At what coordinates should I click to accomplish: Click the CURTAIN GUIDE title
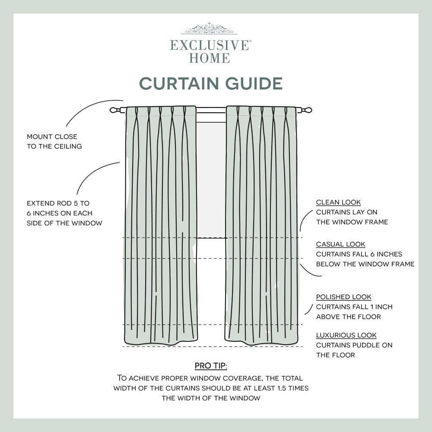click(x=211, y=83)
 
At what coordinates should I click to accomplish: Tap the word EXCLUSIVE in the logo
click(x=210, y=45)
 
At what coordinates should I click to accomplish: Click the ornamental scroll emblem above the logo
click(x=209, y=29)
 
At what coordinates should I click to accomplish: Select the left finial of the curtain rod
click(x=114, y=110)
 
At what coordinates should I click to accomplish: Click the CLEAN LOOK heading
click(x=338, y=202)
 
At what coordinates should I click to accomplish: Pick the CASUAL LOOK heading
click(x=340, y=245)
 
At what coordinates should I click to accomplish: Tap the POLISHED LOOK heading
click(x=343, y=297)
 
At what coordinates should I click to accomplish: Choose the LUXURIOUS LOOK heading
click(x=346, y=335)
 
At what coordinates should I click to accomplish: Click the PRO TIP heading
click(x=211, y=366)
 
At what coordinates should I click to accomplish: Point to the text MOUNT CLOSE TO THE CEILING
click(x=54, y=141)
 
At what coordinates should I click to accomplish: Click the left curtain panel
click(x=161, y=225)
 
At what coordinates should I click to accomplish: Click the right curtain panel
click(x=261, y=225)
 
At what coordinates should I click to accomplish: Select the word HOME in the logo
click(x=209, y=58)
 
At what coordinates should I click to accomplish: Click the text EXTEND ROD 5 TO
click(x=58, y=203)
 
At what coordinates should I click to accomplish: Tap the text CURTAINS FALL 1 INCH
click(x=354, y=307)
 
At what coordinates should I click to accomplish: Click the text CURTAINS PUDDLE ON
click(x=354, y=345)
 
